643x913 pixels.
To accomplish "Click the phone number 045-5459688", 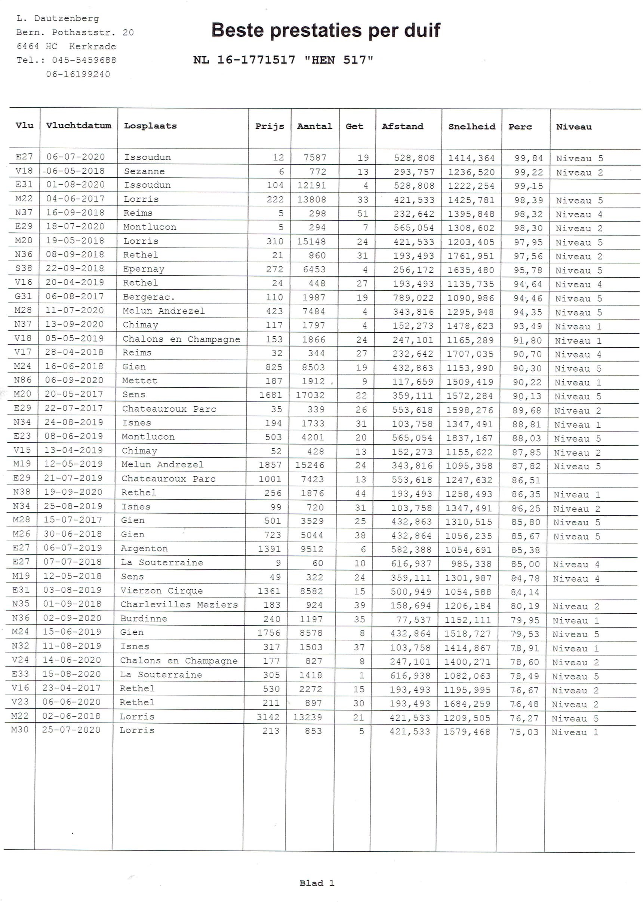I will click(x=84, y=60).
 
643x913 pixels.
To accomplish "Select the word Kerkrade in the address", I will click(x=92, y=46).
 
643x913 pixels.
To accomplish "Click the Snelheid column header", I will click(x=471, y=126).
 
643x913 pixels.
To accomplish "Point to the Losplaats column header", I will click(x=150, y=126).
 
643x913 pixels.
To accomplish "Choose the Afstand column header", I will click(x=402, y=126).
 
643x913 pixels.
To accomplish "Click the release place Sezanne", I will click(x=144, y=171).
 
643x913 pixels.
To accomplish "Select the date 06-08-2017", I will click(x=74, y=297).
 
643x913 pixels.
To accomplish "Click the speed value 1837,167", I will click(x=469, y=438).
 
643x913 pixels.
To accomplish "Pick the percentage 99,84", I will click(x=528, y=158).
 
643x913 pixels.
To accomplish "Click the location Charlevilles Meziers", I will click(x=179, y=605).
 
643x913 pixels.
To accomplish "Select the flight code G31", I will click(x=23, y=296).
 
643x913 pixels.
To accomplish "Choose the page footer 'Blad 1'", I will click(x=317, y=883).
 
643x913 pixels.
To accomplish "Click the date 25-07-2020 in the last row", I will click(x=71, y=730).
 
